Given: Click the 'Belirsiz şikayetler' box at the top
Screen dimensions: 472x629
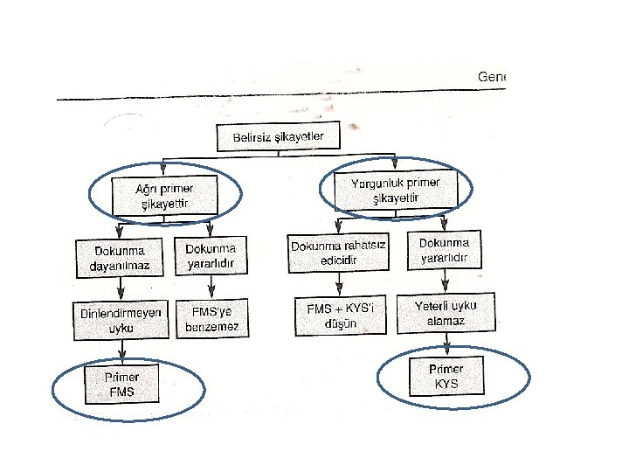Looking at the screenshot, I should (277, 138).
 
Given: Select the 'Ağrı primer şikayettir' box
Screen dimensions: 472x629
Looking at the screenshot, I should (163, 197).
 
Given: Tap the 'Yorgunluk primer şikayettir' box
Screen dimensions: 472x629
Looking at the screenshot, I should (395, 190).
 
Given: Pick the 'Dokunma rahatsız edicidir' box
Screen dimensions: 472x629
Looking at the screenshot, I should (338, 253).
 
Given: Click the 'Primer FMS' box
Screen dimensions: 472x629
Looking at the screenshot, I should (121, 385).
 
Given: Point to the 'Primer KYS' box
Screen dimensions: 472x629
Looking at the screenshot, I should (447, 376).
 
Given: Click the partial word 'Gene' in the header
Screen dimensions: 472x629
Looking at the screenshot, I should (491, 77).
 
